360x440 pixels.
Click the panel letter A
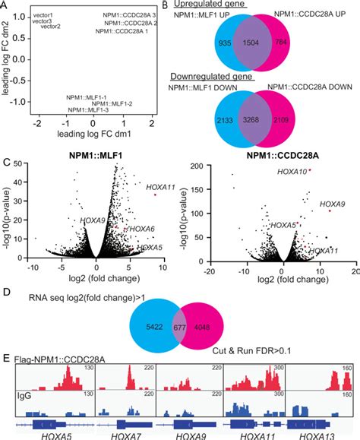(x=5, y=5)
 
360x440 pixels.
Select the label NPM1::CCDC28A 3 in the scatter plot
(x=131, y=15)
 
